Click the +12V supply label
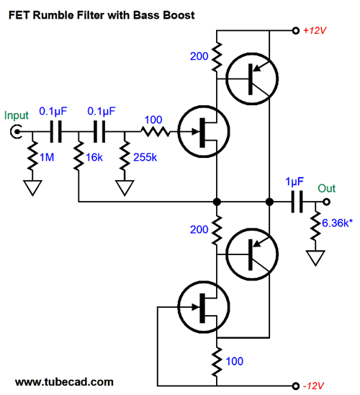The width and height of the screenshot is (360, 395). tap(315, 30)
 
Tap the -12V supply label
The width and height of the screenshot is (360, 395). tap(314, 386)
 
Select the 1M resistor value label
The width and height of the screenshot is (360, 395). tap(47, 157)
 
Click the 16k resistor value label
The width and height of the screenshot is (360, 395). tap(94, 157)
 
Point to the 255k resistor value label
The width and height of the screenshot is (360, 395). tap(145, 157)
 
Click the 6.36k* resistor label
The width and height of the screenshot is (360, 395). tap(338, 223)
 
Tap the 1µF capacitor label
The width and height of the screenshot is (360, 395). tap(294, 182)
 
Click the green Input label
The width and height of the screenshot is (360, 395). tap(17, 115)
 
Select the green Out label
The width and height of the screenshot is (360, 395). tap(327, 188)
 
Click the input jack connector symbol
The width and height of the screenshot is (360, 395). tap(16, 131)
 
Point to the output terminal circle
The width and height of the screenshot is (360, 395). tap(326, 202)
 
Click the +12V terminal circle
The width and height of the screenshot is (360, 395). tap(296, 31)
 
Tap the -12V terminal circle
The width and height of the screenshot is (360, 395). tap(296, 386)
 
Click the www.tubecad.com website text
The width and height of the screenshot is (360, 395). tap(64, 382)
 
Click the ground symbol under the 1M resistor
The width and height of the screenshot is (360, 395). tap(32, 187)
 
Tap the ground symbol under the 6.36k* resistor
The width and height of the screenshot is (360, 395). tap(315, 258)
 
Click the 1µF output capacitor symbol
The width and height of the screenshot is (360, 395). tap(297, 202)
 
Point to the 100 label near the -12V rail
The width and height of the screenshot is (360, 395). tap(235, 361)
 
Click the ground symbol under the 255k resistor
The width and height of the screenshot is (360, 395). tap(125, 187)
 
